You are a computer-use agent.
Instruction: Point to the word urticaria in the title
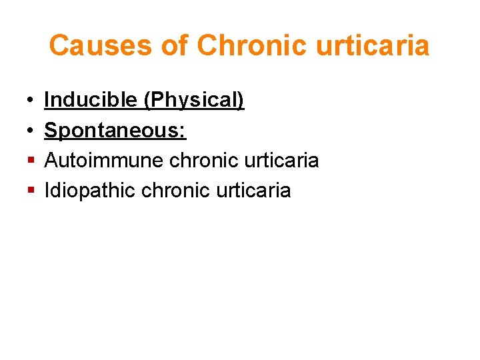pos(371,46)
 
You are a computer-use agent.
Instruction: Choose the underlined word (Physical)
pos(194,101)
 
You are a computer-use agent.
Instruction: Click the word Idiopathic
pos(90,191)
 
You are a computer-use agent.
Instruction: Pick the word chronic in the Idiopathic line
pos(175,191)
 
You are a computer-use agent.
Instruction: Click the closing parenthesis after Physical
pos(241,101)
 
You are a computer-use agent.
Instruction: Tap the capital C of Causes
pos(59,46)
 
